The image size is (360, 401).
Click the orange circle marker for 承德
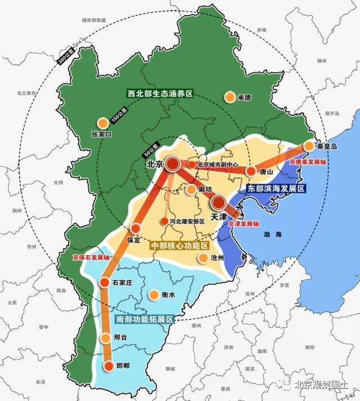click(x=229, y=97)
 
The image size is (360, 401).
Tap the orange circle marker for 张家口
click(x=102, y=123)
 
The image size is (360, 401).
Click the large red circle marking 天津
click(x=219, y=204)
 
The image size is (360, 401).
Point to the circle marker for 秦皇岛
click(x=309, y=146)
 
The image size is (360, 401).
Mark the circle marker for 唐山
click(x=251, y=171)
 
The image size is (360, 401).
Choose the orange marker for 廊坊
click(x=191, y=190)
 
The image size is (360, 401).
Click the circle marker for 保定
click(x=135, y=228)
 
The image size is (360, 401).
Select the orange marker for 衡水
click(x=153, y=295)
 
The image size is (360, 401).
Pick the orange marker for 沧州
click(x=202, y=258)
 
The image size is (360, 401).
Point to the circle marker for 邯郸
click(x=108, y=366)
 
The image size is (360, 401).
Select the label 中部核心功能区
click(x=179, y=246)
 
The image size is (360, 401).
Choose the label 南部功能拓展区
click(x=145, y=319)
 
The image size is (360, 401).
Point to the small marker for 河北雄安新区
click(x=164, y=222)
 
